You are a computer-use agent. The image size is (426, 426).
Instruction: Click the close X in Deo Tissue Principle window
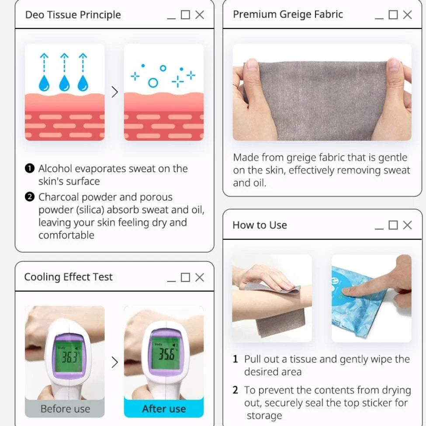pos(200,15)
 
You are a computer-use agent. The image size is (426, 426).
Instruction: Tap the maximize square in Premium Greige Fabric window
pos(393,15)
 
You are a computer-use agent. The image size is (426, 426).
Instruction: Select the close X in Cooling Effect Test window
pos(200,277)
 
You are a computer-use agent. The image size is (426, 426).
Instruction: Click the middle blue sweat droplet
pos(64,83)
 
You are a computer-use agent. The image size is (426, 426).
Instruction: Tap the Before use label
pos(65,409)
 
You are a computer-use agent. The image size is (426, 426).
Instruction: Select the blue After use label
pos(164,409)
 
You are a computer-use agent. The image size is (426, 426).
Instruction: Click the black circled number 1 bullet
pos(30,169)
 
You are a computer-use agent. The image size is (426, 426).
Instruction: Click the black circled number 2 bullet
pos(30,197)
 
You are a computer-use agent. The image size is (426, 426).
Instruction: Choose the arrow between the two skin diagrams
pos(114,92)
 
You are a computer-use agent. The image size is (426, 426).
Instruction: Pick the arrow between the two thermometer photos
pos(114,362)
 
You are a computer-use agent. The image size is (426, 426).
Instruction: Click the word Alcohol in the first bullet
pos(55,169)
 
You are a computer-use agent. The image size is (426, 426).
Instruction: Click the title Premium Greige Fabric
pos(287,14)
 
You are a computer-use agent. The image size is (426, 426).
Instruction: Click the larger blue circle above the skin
pos(153,83)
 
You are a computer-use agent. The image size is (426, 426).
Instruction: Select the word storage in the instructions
pos(264,416)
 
